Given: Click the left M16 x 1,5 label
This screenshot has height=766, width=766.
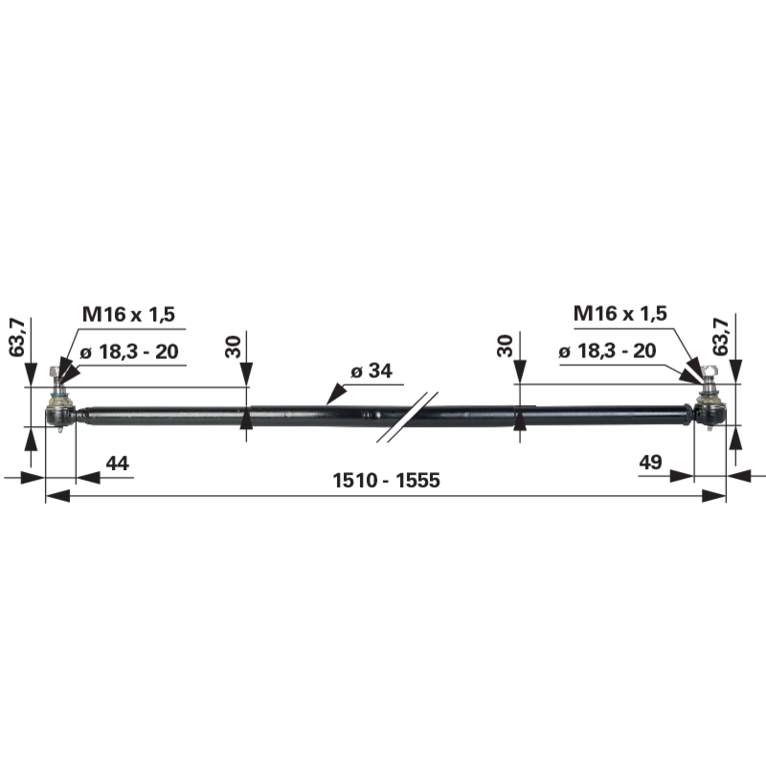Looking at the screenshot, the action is [x=128, y=314].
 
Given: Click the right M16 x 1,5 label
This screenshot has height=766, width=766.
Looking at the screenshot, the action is [x=620, y=313].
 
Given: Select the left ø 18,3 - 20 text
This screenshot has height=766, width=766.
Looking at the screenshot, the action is [x=129, y=351].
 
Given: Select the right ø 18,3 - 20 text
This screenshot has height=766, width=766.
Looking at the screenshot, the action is [x=607, y=350].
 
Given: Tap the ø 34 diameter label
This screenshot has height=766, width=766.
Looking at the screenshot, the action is [x=372, y=371].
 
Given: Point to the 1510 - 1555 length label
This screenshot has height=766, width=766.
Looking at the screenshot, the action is [x=386, y=481].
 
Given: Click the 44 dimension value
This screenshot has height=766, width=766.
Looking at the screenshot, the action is [x=117, y=463].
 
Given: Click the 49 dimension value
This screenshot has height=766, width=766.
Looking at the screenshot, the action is [x=651, y=462].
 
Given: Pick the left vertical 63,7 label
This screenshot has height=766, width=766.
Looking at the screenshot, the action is [x=16, y=337].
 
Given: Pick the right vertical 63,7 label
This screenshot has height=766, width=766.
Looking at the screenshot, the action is [x=721, y=336].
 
